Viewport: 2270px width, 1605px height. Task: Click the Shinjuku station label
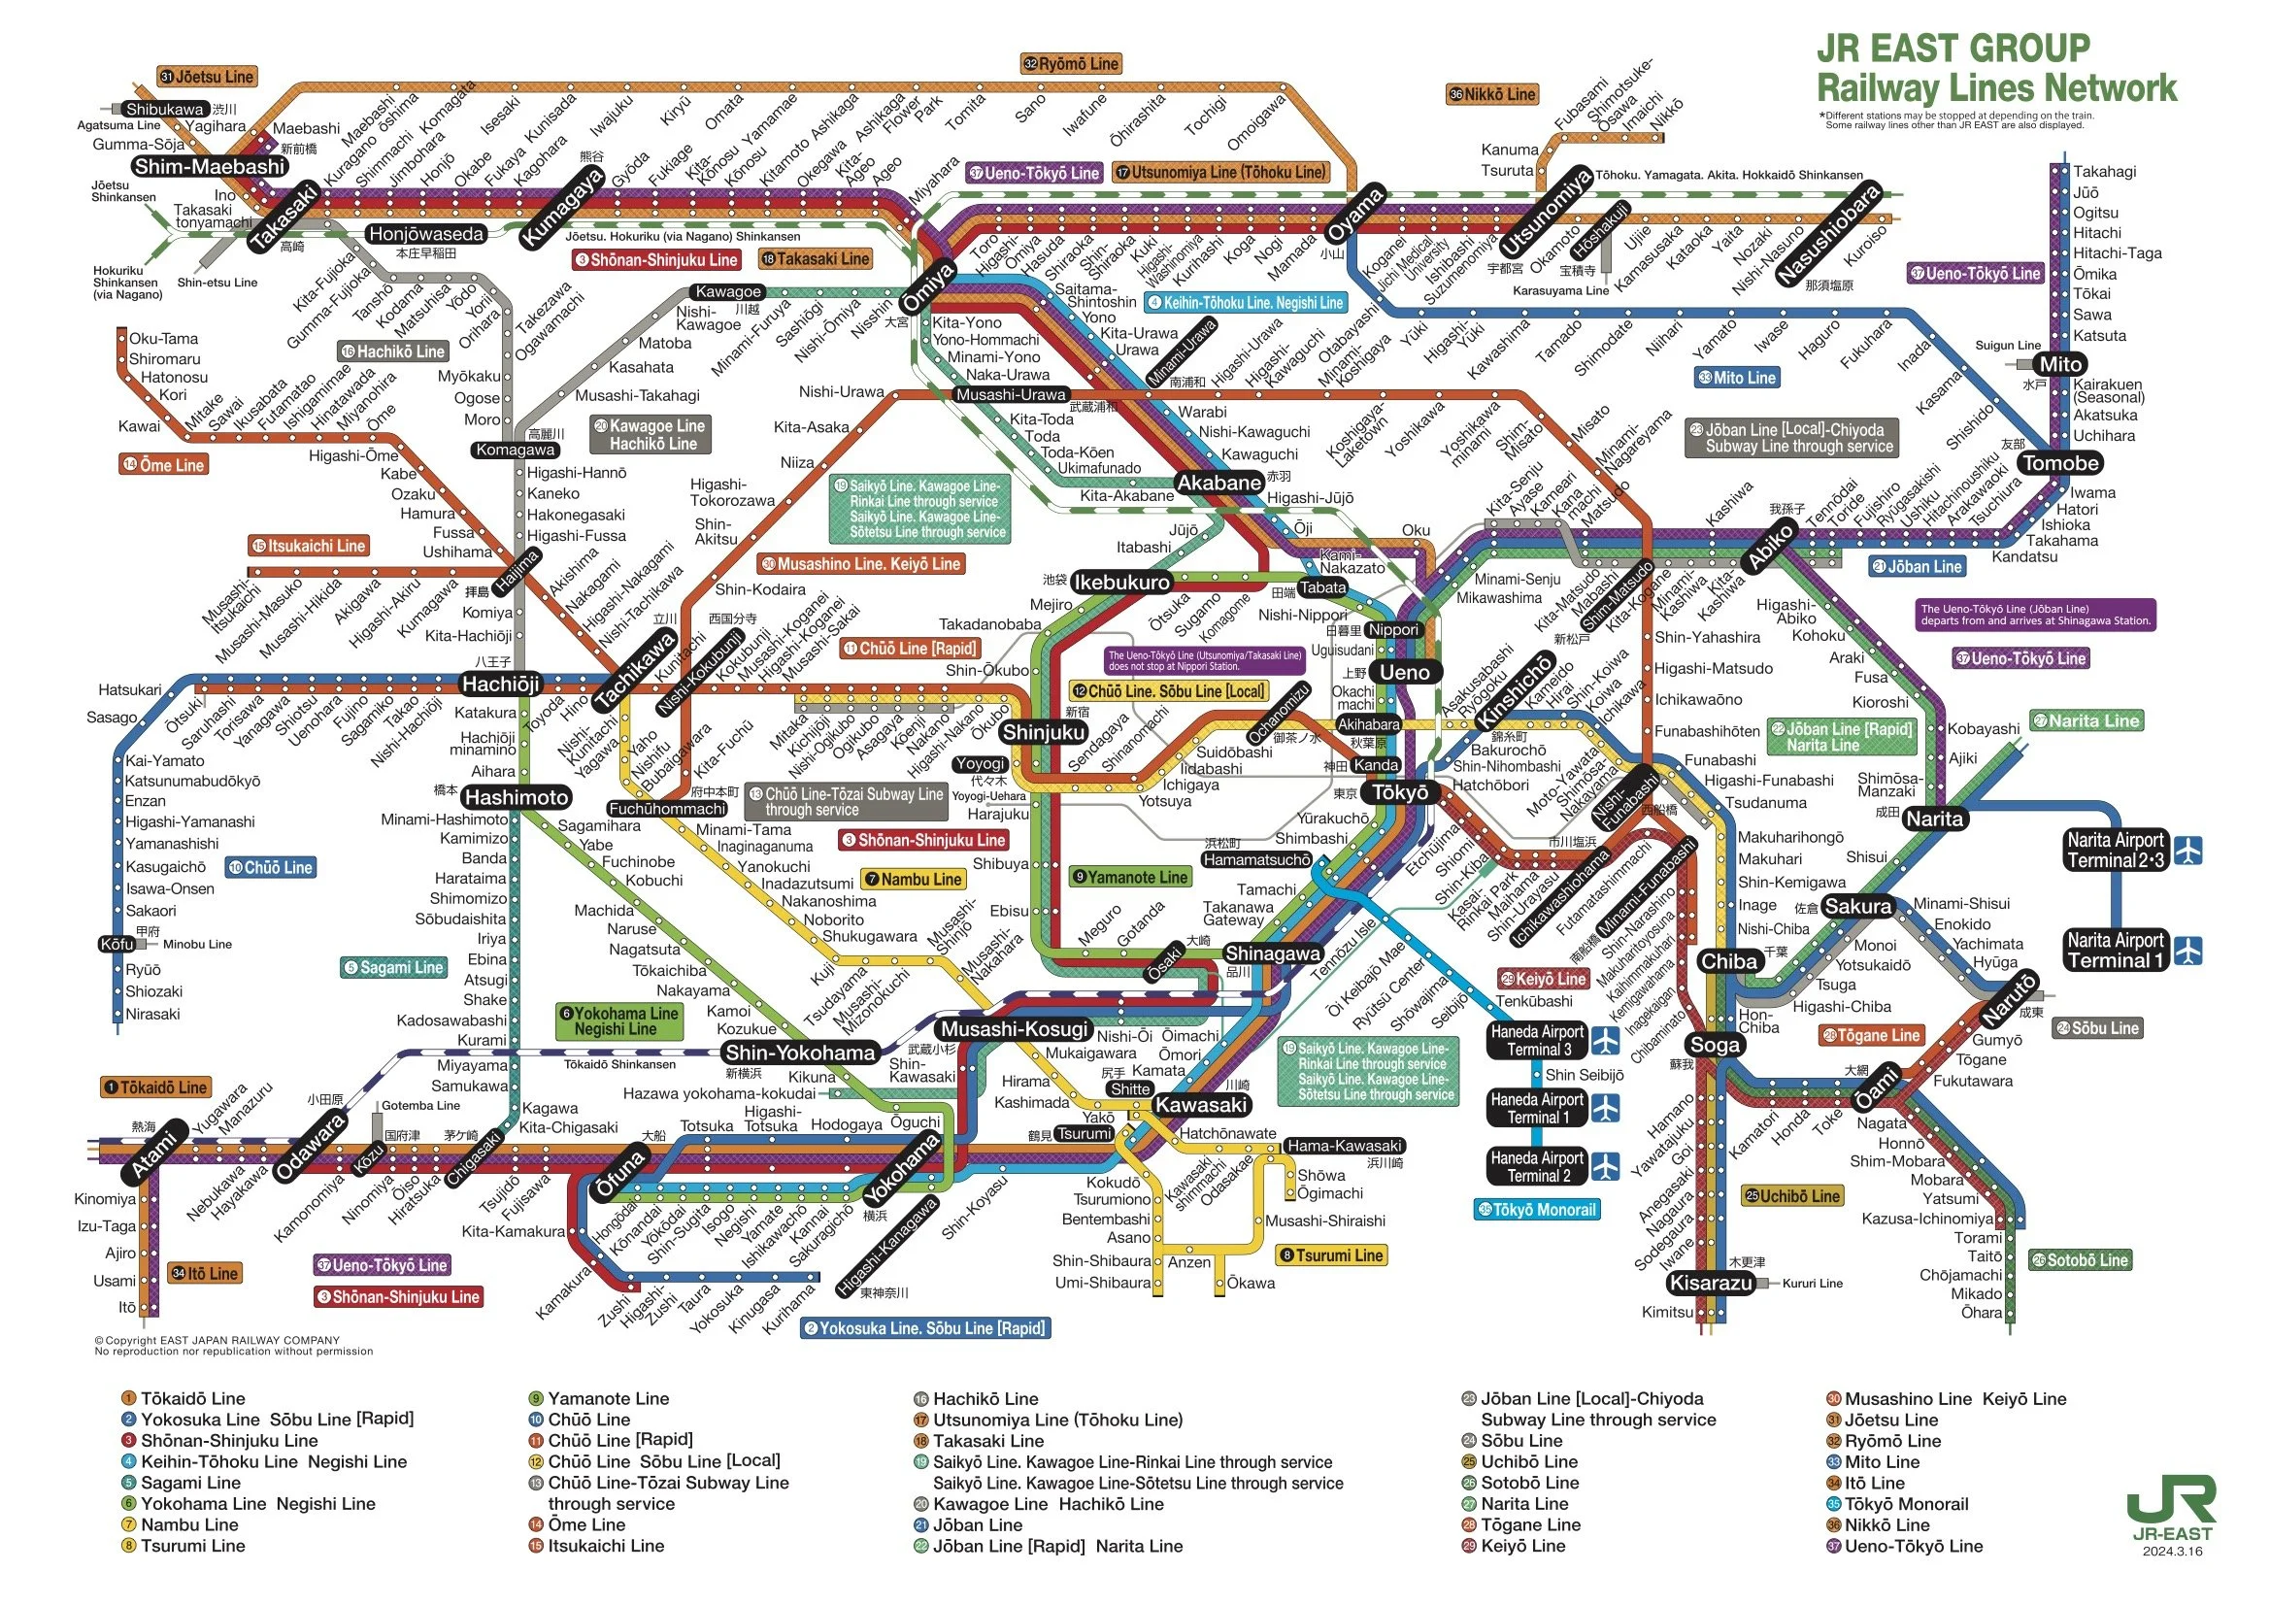[x=1044, y=732]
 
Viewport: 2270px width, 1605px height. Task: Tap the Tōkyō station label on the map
[x=1400, y=792]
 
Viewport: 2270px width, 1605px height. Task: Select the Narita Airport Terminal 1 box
[x=2115, y=951]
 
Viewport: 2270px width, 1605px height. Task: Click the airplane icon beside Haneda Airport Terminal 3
[x=1607, y=1040]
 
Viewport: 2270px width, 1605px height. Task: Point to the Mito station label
[x=2059, y=364]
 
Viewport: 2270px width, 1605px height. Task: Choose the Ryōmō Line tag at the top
[x=1071, y=64]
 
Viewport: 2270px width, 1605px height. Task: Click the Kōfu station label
[x=117, y=944]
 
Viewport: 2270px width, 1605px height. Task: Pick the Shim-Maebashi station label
[x=210, y=166]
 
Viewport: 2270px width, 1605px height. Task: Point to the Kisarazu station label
[x=1711, y=1283]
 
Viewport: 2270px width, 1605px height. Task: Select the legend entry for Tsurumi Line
[x=192, y=1546]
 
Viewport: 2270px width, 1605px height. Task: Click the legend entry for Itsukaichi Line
[x=605, y=1546]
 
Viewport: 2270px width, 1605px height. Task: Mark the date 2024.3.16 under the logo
[x=2172, y=1551]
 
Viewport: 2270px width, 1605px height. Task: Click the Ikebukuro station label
[x=1121, y=582]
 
